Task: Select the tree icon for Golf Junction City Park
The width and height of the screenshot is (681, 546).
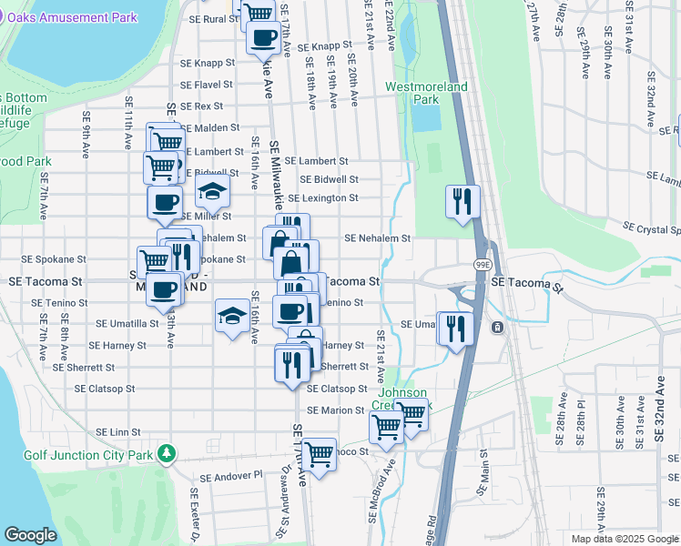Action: [x=165, y=452]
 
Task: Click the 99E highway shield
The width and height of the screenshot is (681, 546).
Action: [x=479, y=264]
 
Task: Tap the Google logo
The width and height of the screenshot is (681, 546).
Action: [x=30, y=535]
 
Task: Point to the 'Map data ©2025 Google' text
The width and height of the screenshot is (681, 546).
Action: [x=625, y=539]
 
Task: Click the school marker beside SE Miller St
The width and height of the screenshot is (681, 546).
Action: [x=212, y=191]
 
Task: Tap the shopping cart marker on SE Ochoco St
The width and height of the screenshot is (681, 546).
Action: [x=319, y=453]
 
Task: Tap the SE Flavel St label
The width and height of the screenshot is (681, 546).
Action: [x=207, y=85]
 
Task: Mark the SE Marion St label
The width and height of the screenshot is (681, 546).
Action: [x=336, y=410]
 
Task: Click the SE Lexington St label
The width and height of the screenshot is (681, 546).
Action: [x=322, y=197]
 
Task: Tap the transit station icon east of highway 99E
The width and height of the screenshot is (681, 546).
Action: [x=497, y=327]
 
